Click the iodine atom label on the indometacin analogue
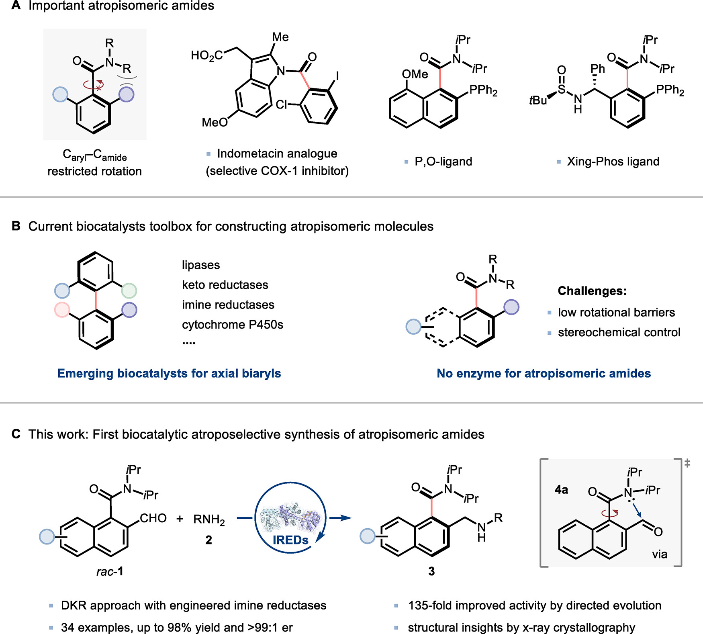pyautogui.click(x=337, y=76)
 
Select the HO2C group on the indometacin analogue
pyautogui.click(x=207, y=55)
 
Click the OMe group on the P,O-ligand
pyautogui.click(x=415, y=74)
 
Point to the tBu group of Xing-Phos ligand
pyautogui.click(x=538, y=100)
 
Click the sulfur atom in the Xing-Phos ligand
pyautogui.click(x=562, y=89)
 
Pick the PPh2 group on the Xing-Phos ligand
pyautogui.click(x=670, y=90)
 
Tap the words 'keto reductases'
pyautogui.click(x=225, y=285)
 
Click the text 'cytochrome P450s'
pyautogui.click(x=232, y=325)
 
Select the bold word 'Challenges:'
pyautogui.click(x=592, y=290)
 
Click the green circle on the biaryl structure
pyautogui.click(x=129, y=290)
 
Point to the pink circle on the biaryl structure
pyautogui.click(x=62, y=310)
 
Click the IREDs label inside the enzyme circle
pyautogui.click(x=290, y=540)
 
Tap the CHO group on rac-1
pyautogui.click(x=153, y=518)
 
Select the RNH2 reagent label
pyautogui.click(x=209, y=519)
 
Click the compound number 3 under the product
pyautogui.click(x=431, y=571)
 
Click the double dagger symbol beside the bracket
pyautogui.click(x=687, y=463)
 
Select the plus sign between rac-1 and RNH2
pyautogui.click(x=180, y=519)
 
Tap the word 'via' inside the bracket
pyautogui.click(x=659, y=554)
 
